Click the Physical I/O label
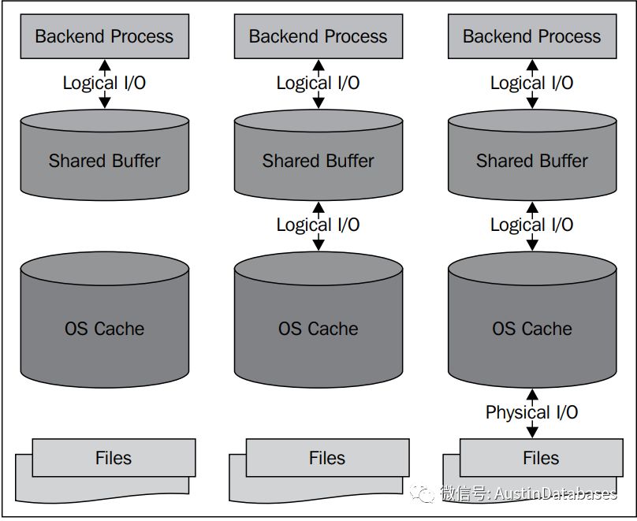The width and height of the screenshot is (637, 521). point(531,412)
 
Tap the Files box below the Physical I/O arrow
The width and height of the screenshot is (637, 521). point(540,458)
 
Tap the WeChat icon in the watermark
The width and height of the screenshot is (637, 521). point(425,493)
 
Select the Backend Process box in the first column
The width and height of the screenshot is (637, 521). point(104,36)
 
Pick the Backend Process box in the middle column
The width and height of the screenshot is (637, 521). point(318,36)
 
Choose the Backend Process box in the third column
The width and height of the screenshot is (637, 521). point(531,36)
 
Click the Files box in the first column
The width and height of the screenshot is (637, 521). point(113,458)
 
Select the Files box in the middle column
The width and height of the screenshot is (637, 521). point(326,458)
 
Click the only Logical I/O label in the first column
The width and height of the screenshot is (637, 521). point(104,83)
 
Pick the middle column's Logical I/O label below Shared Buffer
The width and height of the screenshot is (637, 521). point(318,225)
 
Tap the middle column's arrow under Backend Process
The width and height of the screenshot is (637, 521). point(318,83)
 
